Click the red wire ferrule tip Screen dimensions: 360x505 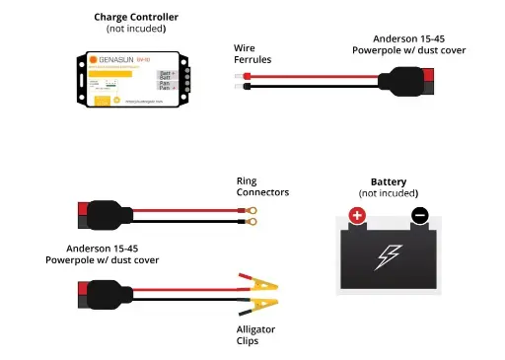pyautogui.click(x=242, y=74)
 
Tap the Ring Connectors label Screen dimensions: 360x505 pyautogui.click(x=262, y=186)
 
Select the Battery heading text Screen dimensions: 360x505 pyautogui.click(x=389, y=182)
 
